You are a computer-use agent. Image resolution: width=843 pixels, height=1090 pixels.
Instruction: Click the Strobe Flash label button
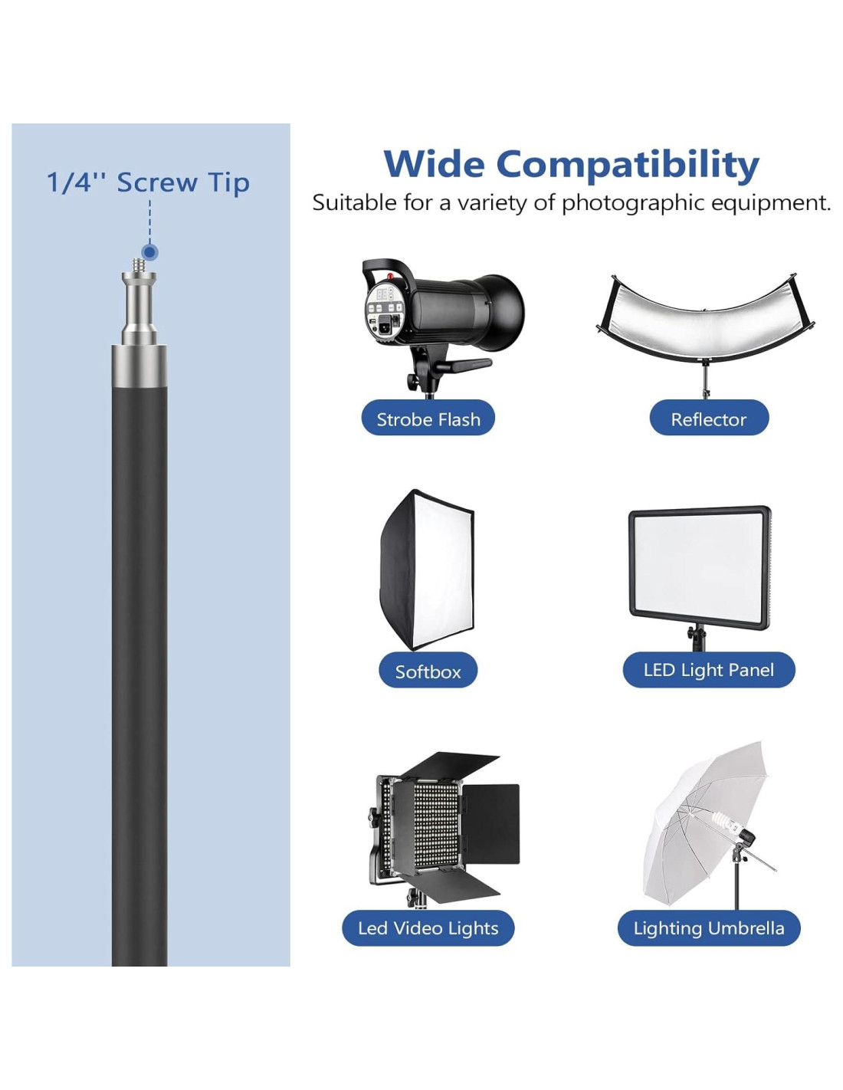tap(428, 417)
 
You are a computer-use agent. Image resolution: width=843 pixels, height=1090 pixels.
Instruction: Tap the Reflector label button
tap(709, 417)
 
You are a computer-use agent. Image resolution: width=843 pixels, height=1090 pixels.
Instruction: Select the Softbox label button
tap(428, 670)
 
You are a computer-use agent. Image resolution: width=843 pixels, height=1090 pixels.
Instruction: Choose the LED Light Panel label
tap(709, 670)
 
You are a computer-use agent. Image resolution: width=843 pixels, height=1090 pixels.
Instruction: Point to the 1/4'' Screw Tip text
tap(148, 182)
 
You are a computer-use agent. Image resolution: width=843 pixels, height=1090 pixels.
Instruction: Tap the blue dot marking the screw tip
tap(149, 252)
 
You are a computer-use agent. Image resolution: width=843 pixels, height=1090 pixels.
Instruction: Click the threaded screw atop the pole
tap(139, 265)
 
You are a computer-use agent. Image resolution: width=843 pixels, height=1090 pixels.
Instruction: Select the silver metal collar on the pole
tap(139, 366)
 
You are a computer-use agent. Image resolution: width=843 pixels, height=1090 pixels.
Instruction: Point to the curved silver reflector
tap(705, 320)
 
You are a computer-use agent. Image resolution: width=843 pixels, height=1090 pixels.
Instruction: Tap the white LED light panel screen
tap(699, 566)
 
